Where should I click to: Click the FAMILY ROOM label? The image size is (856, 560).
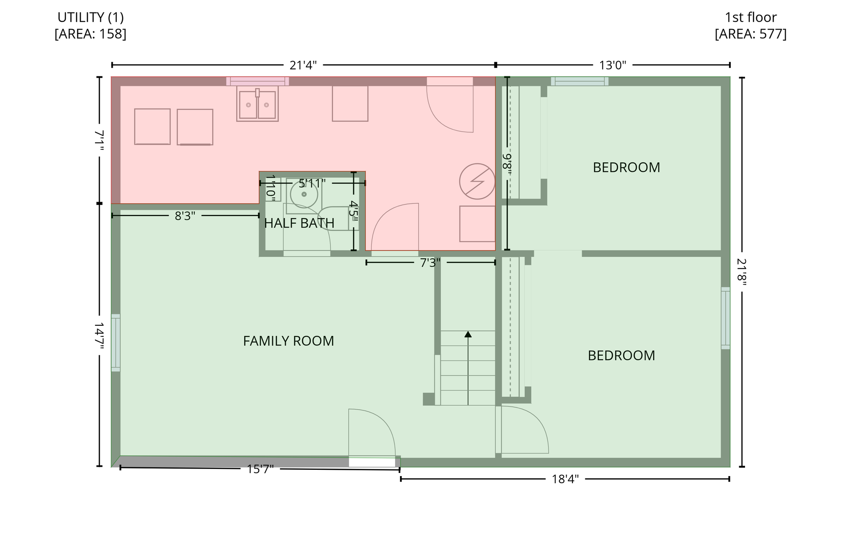288,341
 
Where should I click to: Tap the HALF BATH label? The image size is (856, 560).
299,223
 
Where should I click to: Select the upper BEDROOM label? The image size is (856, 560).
626,167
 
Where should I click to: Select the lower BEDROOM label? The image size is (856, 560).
621,356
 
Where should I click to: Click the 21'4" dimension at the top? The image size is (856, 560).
303,65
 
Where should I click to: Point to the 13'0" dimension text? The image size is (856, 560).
613,65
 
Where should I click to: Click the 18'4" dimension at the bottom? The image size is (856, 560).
565,479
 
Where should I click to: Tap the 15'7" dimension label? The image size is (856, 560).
260,469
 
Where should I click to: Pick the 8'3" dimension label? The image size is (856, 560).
185,216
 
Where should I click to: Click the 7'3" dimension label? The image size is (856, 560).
430,263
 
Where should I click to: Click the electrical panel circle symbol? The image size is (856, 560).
477,181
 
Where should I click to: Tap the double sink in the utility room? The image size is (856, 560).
257,104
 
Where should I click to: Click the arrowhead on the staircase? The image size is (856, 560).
468,334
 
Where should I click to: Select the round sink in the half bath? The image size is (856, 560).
304,194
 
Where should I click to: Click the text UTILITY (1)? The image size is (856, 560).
91,17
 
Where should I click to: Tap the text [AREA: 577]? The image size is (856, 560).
750,34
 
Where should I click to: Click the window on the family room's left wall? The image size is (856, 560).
115,343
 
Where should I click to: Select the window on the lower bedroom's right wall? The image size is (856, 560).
725,318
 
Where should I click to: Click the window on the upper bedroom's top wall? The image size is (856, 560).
579,81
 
